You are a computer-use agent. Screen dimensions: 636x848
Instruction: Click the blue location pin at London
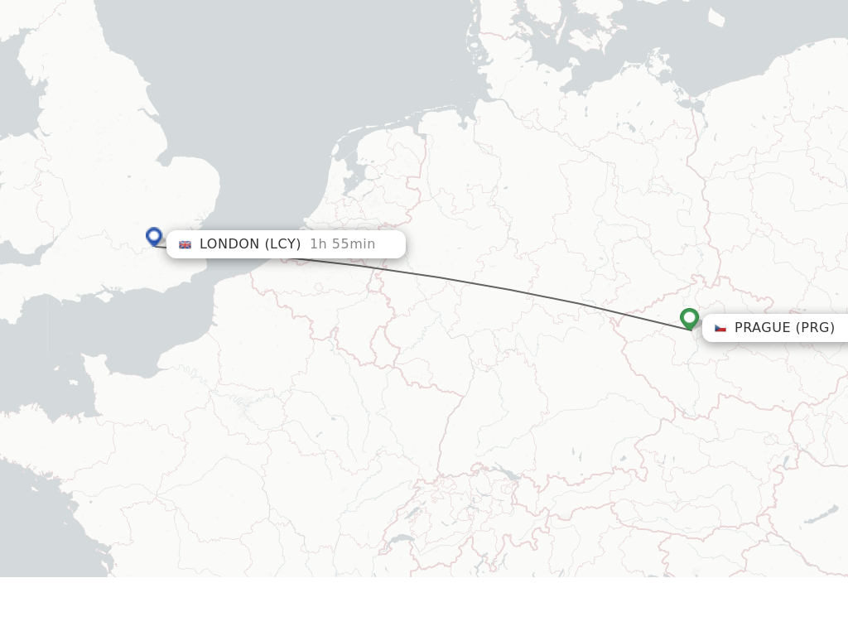[x=153, y=236]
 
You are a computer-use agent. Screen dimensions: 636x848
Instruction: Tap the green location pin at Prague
[x=689, y=317]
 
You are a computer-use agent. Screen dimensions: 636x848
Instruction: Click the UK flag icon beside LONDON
[x=185, y=244]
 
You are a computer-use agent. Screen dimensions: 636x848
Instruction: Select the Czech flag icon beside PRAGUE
[x=720, y=328]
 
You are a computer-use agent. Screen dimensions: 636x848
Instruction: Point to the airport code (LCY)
[x=282, y=244]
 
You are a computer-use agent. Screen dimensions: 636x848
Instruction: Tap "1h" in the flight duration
[x=318, y=244]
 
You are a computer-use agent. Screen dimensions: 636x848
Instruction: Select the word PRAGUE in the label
[x=762, y=328]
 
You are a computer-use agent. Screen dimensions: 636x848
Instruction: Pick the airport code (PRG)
[x=815, y=328]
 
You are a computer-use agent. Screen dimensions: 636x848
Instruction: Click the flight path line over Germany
[x=497, y=287]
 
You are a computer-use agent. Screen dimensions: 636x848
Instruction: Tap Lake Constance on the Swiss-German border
[x=503, y=474]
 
